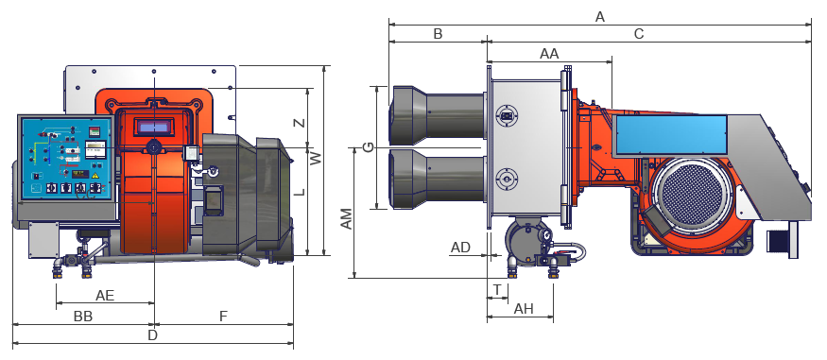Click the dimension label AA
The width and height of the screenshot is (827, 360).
pos(549,54)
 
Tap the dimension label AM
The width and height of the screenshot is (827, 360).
pos(346,219)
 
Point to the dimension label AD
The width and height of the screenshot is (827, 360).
pos(460,248)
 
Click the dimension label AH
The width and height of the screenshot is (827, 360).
pos(524,308)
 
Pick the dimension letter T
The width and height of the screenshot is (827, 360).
pos(497,289)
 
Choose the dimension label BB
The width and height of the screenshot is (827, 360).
pos(83,317)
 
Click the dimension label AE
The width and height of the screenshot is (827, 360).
pos(104,295)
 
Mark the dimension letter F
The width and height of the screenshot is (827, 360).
pos(223,317)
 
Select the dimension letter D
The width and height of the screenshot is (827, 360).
pos(152,335)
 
